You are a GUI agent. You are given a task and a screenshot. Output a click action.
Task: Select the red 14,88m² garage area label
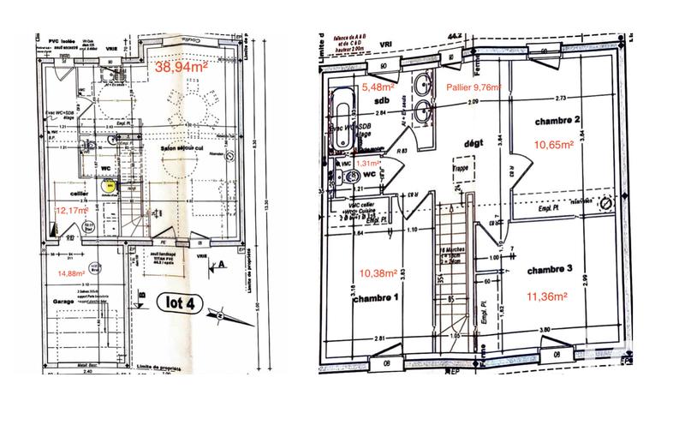[x=73, y=273]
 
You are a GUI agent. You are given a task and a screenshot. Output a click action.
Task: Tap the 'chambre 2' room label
[x=559, y=120]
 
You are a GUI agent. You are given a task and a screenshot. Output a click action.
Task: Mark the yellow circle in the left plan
[x=109, y=184]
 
